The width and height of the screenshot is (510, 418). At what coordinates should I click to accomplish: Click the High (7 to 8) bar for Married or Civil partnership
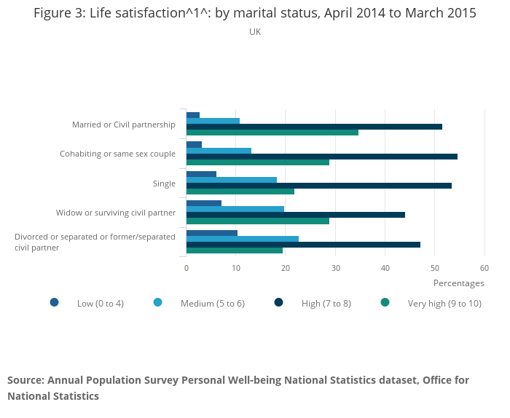pos(314,127)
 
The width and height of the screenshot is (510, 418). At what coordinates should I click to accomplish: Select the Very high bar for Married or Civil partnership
pos(272,133)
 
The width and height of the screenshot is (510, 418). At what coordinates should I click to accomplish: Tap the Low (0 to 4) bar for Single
pos(201,174)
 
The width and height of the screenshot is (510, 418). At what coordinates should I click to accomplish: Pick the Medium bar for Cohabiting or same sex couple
pos(219,151)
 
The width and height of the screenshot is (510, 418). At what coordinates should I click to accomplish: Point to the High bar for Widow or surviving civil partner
pos(296,215)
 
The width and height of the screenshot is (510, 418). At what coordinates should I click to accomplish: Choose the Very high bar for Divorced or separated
pos(235,251)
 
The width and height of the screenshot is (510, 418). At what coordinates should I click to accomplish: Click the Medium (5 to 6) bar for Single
pos(232,180)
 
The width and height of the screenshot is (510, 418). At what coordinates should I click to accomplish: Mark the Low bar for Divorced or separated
pos(212,233)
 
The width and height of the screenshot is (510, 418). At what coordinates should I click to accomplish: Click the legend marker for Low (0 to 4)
pos(54,302)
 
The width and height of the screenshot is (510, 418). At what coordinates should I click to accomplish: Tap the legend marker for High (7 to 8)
pos(278,302)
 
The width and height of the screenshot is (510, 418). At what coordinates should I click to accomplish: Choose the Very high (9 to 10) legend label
pos(444,304)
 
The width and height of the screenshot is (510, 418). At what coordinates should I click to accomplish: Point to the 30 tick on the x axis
pos(335,268)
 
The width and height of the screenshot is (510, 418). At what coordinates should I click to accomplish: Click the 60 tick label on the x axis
pos(484,268)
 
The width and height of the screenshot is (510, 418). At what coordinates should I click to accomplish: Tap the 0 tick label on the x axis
pos(187,268)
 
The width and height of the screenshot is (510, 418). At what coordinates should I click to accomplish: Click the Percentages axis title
pos(458,283)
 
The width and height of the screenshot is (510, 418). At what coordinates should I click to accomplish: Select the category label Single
pos(164,184)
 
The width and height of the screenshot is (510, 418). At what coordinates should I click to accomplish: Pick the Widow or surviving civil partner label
pos(116,213)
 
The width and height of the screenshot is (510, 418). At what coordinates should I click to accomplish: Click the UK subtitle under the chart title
pos(255,32)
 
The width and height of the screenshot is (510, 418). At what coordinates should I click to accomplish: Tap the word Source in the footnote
pos(24,380)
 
